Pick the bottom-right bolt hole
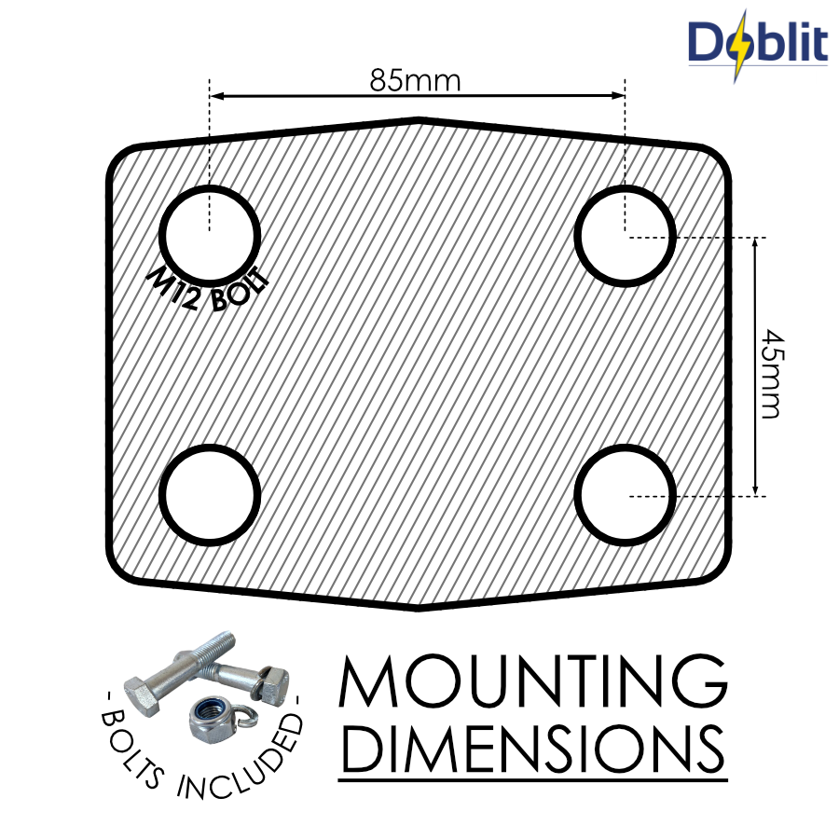[625, 494]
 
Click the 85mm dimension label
[415, 80]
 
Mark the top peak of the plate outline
[419, 119]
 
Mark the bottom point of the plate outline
[419, 607]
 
